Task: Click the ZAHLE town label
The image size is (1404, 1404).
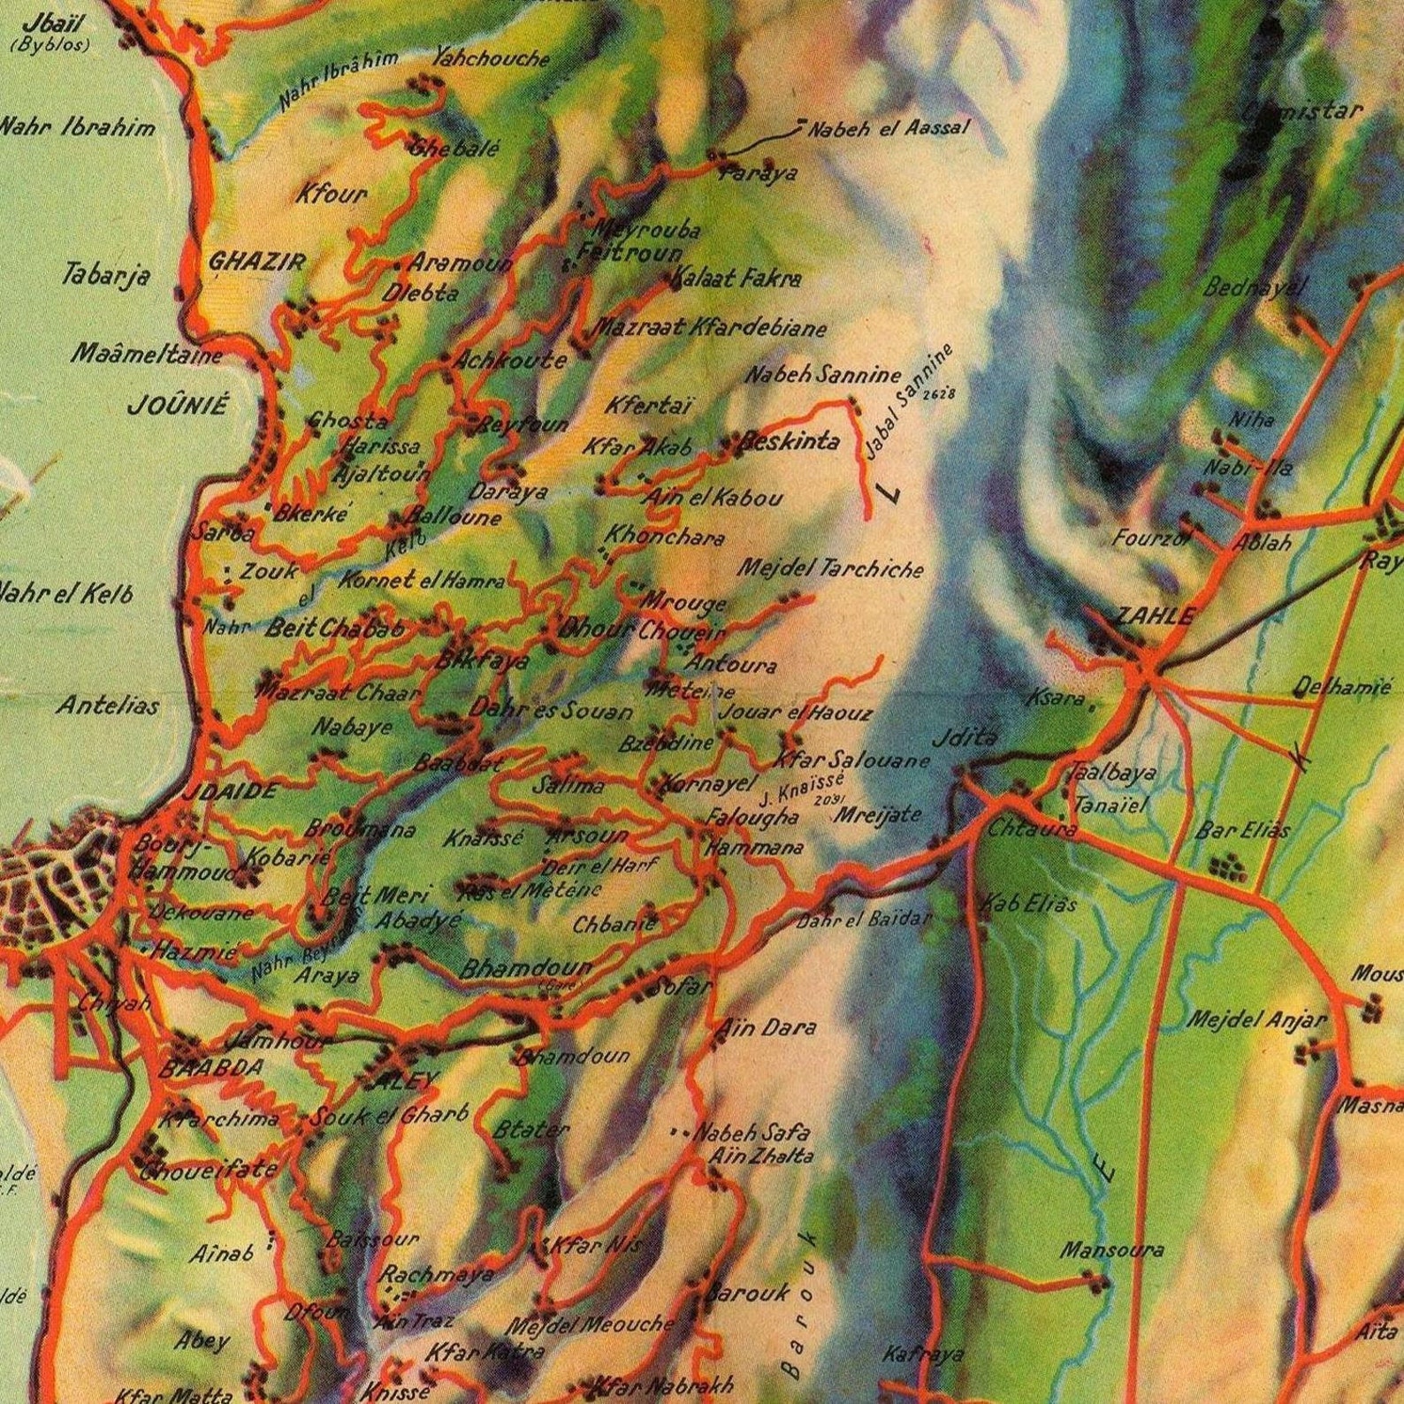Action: pyautogui.click(x=1154, y=616)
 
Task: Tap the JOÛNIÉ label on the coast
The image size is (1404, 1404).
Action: pyautogui.click(x=178, y=406)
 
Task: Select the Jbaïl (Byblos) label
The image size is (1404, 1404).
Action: pyautogui.click(x=50, y=34)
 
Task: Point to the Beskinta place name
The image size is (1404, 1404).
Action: pyautogui.click(x=790, y=441)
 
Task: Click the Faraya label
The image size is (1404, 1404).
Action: pyautogui.click(x=758, y=173)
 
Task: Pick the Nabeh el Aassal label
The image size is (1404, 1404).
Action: pyautogui.click(x=889, y=128)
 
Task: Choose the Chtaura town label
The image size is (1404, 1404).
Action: pyautogui.click(x=1032, y=829)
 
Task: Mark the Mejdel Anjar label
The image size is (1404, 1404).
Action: pyautogui.click(x=1255, y=1019)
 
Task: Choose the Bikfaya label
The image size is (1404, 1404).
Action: pyautogui.click(x=483, y=660)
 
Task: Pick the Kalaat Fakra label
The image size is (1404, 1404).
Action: pyautogui.click(x=736, y=279)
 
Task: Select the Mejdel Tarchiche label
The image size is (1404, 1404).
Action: pyautogui.click(x=829, y=568)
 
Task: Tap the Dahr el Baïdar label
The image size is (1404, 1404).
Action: pyautogui.click(x=864, y=919)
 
